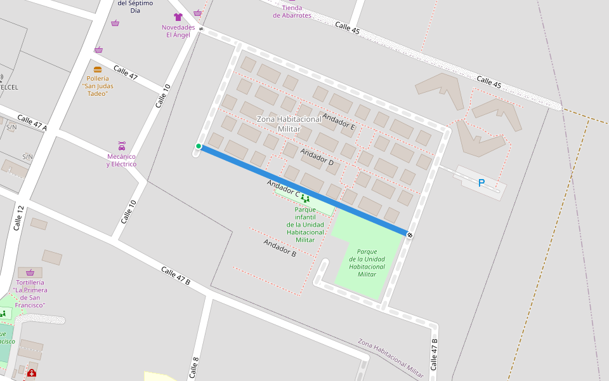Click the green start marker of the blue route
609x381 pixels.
pyautogui.click(x=199, y=147)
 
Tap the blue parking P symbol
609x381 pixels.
pyautogui.click(x=481, y=183)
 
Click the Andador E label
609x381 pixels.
pyautogui.click(x=338, y=121)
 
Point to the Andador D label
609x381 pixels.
pyautogui.click(x=317, y=157)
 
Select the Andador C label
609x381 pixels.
pyautogui.click(x=283, y=187)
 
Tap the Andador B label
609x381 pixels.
pyautogui.click(x=280, y=248)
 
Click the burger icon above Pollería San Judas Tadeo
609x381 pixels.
pyautogui.click(x=98, y=69)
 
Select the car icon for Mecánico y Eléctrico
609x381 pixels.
pyautogui.click(x=122, y=146)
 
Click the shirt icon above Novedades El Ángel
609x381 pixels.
pyautogui.click(x=178, y=17)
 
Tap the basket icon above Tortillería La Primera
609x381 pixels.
pyautogui.click(x=30, y=272)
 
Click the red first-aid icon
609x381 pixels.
pyautogui.click(x=32, y=373)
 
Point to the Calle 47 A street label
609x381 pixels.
pyautogui.click(x=32, y=123)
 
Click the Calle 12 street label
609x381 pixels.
pyautogui.click(x=18, y=217)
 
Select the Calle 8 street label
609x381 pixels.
pyautogui.click(x=195, y=368)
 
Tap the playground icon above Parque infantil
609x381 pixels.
pyautogui.click(x=306, y=199)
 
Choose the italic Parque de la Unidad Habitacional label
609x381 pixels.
pyautogui.click(x=367, y=263)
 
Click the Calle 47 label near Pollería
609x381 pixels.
pyautogui.click(x=125, y=72)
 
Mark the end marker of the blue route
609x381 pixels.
pyautogui.click(x=410, y=235)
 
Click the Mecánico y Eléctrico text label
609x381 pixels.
pyautogui.click(x=122, y=160)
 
